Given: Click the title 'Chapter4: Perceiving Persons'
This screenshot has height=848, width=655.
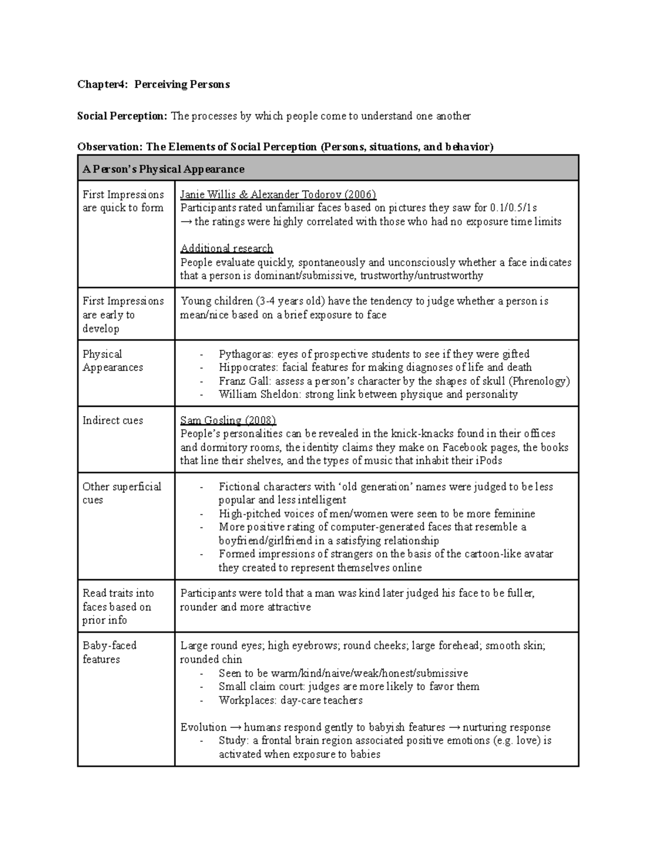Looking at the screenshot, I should tap(153, 85).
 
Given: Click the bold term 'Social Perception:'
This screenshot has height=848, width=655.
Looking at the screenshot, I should tap(122, 116).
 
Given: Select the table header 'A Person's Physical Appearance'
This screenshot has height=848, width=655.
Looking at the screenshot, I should tap(163, 169).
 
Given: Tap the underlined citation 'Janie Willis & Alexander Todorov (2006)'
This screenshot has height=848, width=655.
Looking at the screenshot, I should tap(278, 195).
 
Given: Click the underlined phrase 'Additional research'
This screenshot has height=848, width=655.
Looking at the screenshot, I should tap(227, 248).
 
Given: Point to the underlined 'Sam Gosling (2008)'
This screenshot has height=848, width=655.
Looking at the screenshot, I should tap(228, 420).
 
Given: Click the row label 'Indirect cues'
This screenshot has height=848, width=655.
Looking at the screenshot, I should tap(112, 420).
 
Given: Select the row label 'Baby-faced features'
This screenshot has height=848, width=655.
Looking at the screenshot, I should tap(109, 653).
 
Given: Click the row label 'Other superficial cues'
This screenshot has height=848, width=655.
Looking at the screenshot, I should tap(121, 493).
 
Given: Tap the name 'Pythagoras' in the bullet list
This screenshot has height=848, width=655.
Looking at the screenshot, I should tap(243, 354).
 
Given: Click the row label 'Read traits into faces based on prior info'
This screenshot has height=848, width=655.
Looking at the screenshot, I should tap(118, 607).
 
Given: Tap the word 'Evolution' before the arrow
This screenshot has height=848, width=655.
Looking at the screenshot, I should tap(203, 727).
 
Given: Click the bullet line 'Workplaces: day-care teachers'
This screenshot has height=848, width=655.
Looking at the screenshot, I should tap(290, 701).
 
